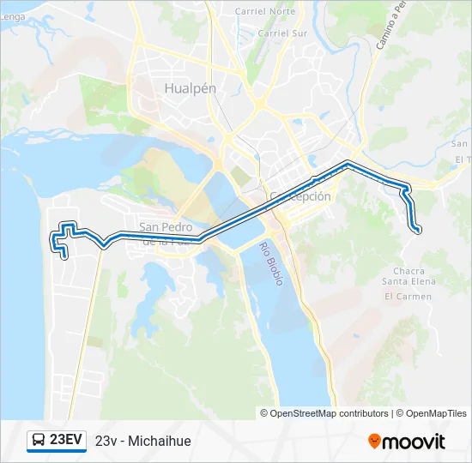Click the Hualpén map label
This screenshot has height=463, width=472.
point(190,87)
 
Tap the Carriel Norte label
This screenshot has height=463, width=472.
point(270,11)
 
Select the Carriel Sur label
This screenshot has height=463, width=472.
point(282,33)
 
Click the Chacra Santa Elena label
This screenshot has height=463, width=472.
point(408,276)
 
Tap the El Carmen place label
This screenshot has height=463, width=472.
point(408,297)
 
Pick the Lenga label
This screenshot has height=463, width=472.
point(11,16)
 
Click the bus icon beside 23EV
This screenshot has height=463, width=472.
point(39,441)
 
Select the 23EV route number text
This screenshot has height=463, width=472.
point(66,441)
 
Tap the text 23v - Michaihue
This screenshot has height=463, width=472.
point(143,442)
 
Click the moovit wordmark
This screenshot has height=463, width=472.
point(414,442)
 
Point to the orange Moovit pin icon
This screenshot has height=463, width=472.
point(374,442)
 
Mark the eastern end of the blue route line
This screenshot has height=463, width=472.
point(419,230)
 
